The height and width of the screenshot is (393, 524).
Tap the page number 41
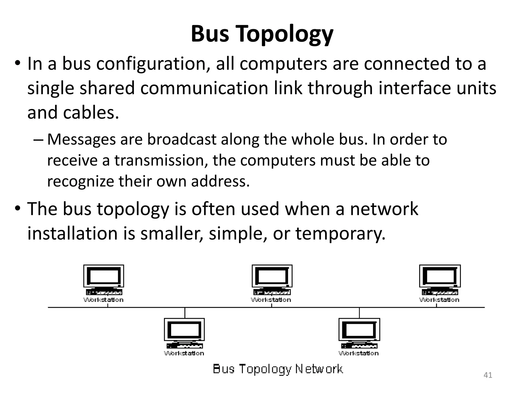pyautogui.click(x=488, y=375)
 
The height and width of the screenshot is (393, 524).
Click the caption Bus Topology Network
pyautogui.click(x=278, y=369)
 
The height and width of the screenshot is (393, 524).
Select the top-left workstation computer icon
pyautogui.click(x=104, y=280)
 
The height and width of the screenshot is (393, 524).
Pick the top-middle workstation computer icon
pyautogui.click(x=272, y=280)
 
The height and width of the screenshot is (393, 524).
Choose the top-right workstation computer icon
pyautogui.click(x=440, y=280)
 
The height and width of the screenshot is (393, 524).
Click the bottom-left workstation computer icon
pyautogui.click(x=184, y=333)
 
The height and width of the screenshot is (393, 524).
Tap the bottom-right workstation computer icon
pyautogui.click(x=359, y=333)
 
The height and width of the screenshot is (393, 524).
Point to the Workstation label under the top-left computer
pyautogui.click(x=104, y=300)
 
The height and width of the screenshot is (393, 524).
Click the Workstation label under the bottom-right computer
pyautogui.click(x=359, y=353)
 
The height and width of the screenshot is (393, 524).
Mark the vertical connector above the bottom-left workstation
pyautogui.click(x=185, y=313)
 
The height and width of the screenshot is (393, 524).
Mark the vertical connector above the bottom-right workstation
pyautogui.click(x=359, y=313)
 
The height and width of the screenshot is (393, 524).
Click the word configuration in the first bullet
pyautogui.click(x=151, y=64)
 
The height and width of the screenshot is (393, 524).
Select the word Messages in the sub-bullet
pyautogui.click(x=81, y=140)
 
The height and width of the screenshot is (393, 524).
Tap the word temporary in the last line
pyautogui.click(x=340, y=233)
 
